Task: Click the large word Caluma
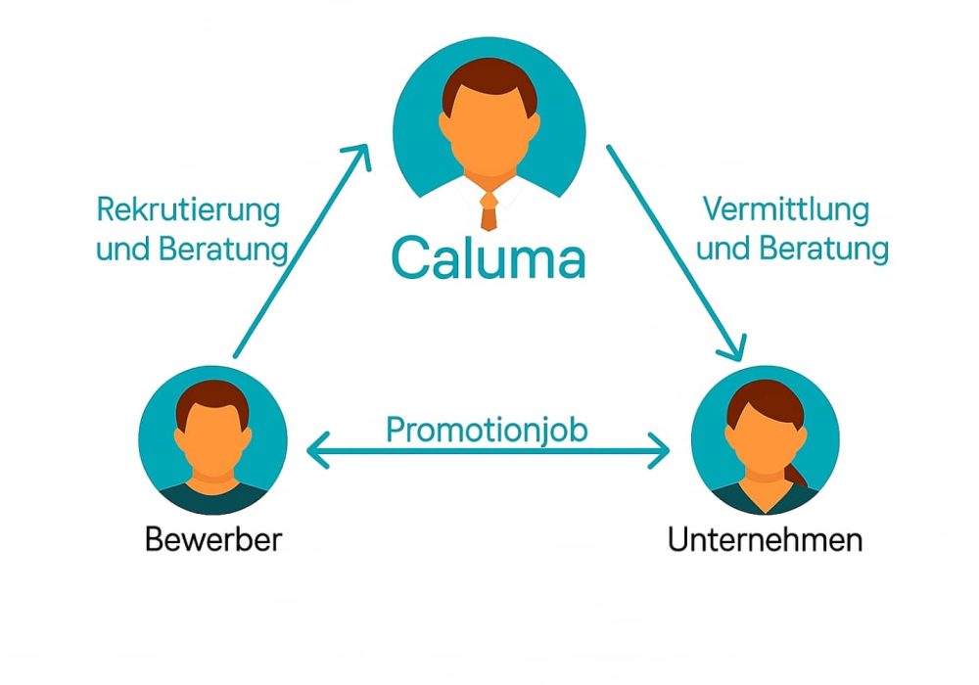(x=488, y=258)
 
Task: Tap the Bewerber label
(x=212, y=539)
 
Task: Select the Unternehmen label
(x=765, y=539)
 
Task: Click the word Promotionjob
(x=487, y=431)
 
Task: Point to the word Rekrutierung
(x=188, y=209)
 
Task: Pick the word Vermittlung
(x=786, y=209)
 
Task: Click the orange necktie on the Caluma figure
(x=489, y=208)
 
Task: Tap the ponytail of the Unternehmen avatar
(x=799, y=476)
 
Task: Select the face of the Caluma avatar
(x=489, y=137)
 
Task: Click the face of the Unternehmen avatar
(x=764, y=440)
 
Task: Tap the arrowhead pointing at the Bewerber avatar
(x=315, y=451)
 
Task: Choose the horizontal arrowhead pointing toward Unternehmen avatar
(x=662, y=451)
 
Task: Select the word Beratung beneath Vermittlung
(x=832, y=249)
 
